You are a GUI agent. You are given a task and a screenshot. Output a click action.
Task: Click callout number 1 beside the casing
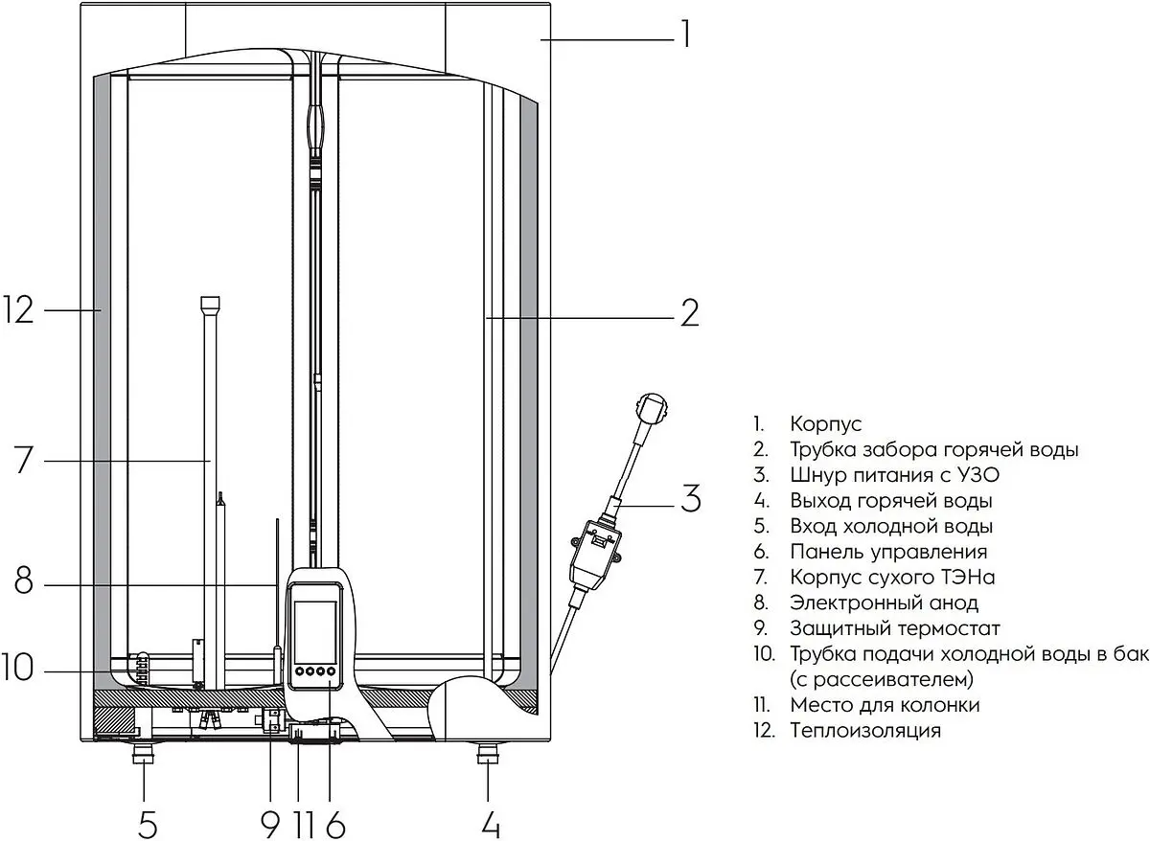(x=685, y=34)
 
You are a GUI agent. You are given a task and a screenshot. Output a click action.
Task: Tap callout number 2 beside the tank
(x=689, y=312)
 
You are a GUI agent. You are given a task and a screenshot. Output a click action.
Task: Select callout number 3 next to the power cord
(x=691, y=497)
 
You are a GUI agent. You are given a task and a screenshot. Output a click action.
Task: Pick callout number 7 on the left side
(x=23, y=460)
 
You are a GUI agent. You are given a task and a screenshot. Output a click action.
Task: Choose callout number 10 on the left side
(x=18, y=666)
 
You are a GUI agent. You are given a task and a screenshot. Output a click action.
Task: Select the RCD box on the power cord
(x=595, y=556)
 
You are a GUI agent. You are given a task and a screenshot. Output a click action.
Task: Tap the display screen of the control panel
(x=314, y=631)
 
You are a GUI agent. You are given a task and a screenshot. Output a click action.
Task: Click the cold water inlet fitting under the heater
(x=143, y=754)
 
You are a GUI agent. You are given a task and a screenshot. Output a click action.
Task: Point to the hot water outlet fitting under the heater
(x=488, y=754)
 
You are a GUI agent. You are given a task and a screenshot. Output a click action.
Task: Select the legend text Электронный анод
(x=884, y=602)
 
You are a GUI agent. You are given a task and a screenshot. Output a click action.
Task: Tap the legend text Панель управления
(x=888, y=552)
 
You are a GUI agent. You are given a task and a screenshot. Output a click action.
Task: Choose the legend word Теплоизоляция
(x=865, y=730)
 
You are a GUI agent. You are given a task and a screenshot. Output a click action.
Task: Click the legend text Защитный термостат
(x=895, y=628)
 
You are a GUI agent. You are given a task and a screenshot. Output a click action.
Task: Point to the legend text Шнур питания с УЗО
(x=894, y=475)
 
